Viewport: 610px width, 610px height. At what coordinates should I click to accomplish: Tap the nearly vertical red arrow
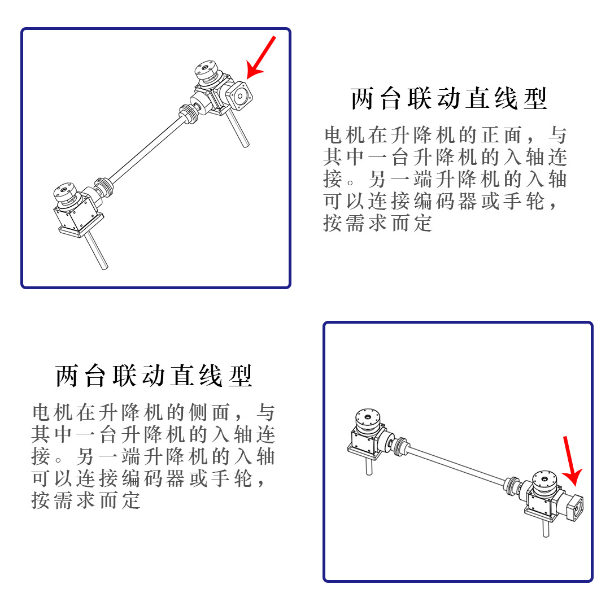571,461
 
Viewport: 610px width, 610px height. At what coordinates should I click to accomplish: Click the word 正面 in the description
502,135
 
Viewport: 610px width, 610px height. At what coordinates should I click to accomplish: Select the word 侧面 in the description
210,412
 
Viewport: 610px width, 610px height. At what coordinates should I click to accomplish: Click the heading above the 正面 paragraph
449,98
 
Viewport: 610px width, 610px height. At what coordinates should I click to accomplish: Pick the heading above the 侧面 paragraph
154,376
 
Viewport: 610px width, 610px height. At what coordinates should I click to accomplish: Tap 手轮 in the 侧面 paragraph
232,478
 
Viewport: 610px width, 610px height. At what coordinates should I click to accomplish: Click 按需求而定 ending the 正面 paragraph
378,223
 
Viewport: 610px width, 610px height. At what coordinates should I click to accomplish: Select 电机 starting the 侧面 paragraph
53,412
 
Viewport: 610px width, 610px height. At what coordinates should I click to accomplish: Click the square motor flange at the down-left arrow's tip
239,95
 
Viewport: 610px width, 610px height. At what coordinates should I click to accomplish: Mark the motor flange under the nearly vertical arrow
573,507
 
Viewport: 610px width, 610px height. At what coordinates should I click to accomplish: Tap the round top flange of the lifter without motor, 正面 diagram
66,192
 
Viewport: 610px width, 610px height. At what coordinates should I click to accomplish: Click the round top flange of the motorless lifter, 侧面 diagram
367,419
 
